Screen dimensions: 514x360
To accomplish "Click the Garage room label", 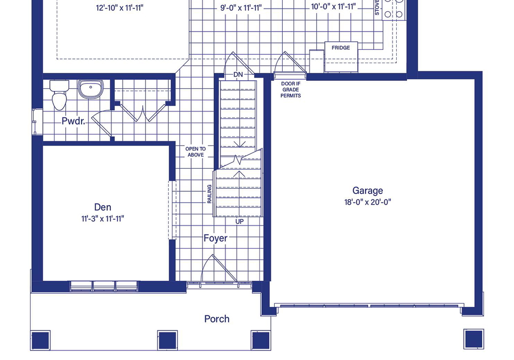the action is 367,191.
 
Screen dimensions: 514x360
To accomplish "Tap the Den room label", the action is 103,207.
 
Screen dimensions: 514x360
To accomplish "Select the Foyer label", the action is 215,238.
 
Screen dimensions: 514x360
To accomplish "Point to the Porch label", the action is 217,319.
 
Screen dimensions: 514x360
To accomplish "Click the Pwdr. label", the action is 73,121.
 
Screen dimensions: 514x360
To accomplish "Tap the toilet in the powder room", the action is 59,94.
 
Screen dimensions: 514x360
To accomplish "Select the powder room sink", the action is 90,88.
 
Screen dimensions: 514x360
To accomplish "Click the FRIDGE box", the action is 341,57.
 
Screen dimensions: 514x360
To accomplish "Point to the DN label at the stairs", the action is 238,75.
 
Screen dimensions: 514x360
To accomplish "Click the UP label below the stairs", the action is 240,222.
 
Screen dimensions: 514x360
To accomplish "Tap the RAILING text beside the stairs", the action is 209,194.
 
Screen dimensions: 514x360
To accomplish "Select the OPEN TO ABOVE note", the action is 196,152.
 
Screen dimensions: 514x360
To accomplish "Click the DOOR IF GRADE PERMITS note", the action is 290,89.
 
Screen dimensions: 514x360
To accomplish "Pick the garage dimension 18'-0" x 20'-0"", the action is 367,202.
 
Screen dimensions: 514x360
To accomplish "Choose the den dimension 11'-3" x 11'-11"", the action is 103,219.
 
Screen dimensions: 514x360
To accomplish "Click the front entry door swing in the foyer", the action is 219,268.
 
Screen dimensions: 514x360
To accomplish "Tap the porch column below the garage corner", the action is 474,339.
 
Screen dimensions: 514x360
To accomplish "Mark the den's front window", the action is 104,286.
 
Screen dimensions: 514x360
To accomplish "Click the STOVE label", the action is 377,7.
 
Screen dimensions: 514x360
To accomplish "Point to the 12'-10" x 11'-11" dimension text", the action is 119,8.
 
